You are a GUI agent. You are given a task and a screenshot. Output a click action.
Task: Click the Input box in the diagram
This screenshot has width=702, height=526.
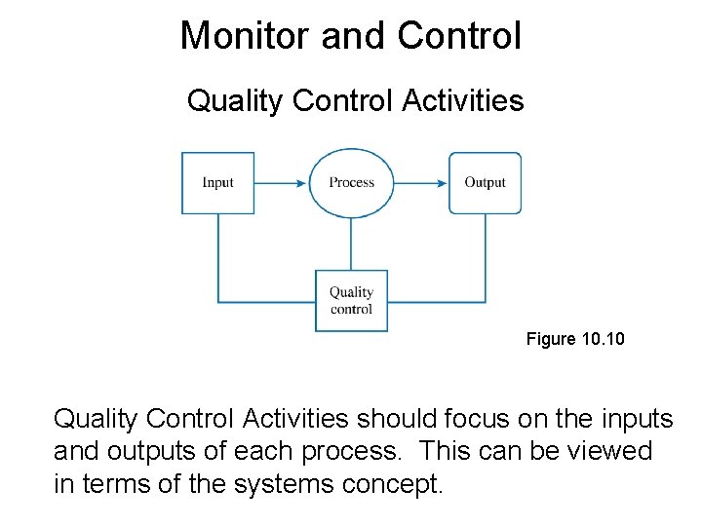click(x=218, y=183)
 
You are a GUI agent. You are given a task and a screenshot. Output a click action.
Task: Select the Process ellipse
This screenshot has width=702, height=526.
click(x=351, y=183)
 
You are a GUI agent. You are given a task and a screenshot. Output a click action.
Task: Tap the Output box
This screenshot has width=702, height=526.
click(x=485, y=183)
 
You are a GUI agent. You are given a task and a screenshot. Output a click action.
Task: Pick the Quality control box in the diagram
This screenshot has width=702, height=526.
click(x=351, y=301)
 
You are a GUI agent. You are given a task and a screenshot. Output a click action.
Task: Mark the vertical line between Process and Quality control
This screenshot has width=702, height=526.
click(x=351, y=244)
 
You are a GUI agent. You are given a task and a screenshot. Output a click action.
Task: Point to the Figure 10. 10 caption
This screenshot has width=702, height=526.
click(x=575, y=339)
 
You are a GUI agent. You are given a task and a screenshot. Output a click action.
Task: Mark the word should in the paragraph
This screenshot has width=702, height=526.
click(x=393, y=419)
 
